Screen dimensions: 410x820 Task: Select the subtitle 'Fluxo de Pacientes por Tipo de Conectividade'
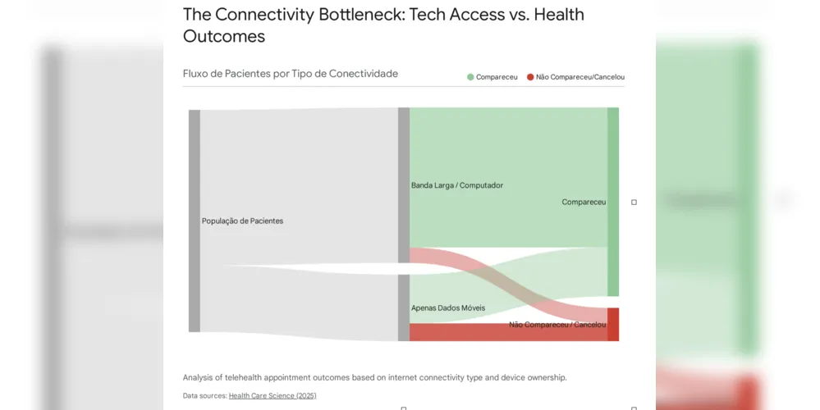(x=290, y=74)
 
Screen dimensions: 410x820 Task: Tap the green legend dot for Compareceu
(x=470, y=77)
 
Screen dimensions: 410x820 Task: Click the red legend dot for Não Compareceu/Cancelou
(x=530, y=77)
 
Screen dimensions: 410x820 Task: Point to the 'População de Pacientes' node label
(x=242, y=221)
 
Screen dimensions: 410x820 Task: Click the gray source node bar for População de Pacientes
(x=195, y=221)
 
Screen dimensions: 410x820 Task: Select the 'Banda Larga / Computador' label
(x=456, y=185)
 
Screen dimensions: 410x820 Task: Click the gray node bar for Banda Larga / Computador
(x=404, y=184)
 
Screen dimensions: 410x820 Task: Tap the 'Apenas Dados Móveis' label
(x=447, y=308)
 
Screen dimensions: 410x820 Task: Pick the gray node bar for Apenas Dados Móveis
(x=404, y=307)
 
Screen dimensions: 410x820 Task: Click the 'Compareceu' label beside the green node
(x=584, y=202)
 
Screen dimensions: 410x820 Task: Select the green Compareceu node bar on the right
(x=613, y=201)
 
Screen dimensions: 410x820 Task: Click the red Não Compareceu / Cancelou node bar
(x=613, y=324)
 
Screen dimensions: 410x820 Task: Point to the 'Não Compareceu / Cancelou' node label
(x=557, y=325)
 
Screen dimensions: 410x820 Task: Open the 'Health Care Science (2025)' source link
(x=272, y=396)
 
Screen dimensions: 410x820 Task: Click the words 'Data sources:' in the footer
(x=204, y=396)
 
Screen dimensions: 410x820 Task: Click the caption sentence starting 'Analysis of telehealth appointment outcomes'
(x=374, y=378)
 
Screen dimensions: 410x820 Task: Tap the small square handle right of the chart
(x=634, y=202)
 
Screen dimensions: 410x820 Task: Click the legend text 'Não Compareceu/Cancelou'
(x=580, y=77)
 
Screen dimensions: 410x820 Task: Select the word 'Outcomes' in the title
(x=224, y=37)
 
